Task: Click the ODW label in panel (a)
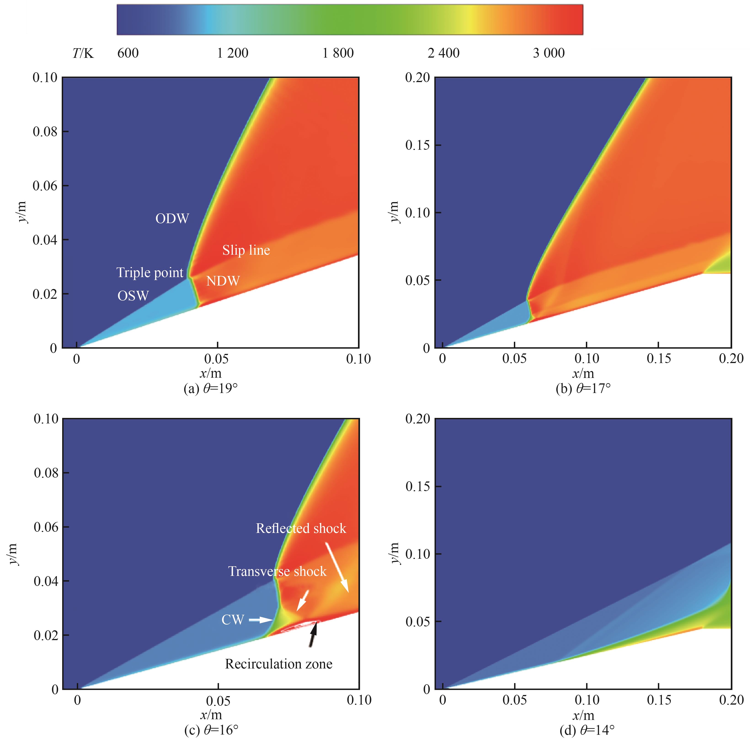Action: click(x=172, y=219)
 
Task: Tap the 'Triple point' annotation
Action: click(x=150, y=273)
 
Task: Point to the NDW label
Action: click(x=223, y=281)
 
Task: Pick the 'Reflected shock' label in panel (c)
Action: click(x=301, y=528)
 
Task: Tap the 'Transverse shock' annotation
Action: click(x=277, y=571)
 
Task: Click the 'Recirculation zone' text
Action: click(x=279, y=664)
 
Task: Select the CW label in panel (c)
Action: click(x=232, y=620)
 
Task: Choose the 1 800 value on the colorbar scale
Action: click(x=338, y=53)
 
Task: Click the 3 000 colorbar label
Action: click(x=549, y=53)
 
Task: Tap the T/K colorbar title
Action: click(x=83, y=53)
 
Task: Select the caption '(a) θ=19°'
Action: click(x=210, y=389)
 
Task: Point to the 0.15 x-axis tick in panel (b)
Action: click(x=658, y=358)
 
